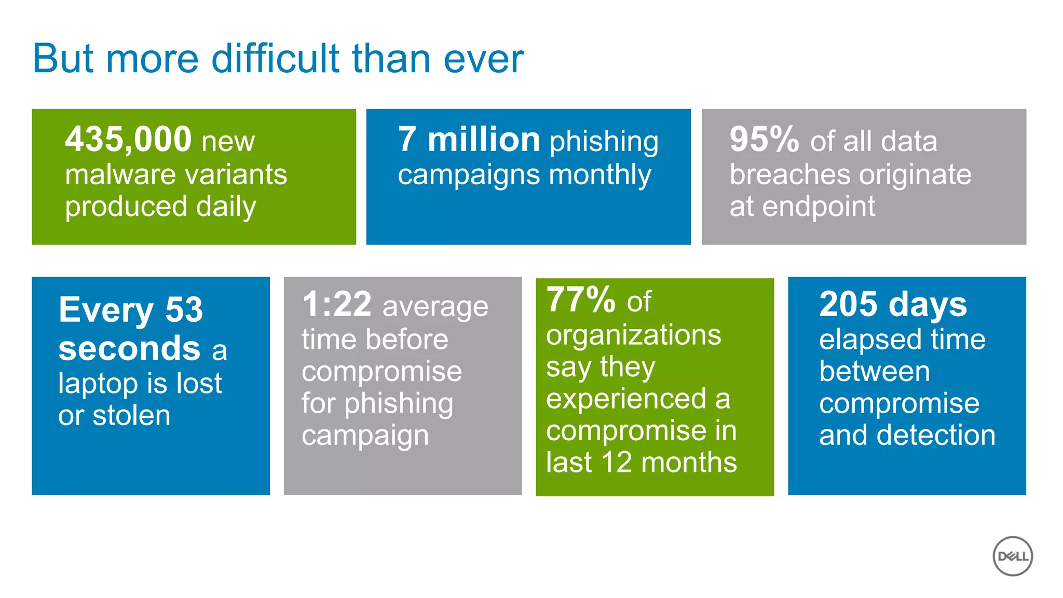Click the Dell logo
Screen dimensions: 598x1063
[x=1012, y=556]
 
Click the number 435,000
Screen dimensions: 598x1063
[x=128, y=140]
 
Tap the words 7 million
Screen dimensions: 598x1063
[x=469, y=140]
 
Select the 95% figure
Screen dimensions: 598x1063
[x=764, y=140]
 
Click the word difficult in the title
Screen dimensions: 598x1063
[x=275, y=58]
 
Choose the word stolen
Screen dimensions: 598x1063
[x=131, y=416]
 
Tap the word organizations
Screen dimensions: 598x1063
[x=633, y=336]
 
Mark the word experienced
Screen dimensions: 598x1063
[x=626, y=399]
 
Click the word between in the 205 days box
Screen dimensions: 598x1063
[x=874, y=372]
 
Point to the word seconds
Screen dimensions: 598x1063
[x=129, y=348]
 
